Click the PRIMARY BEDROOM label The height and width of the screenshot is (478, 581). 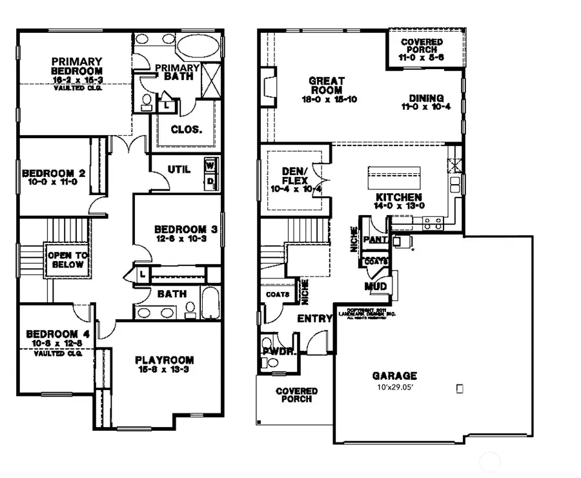point(77,66)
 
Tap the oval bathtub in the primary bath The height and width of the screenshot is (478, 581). point(198,47)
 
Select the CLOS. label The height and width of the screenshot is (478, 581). point(187,129)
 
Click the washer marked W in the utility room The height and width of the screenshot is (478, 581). point(210,165)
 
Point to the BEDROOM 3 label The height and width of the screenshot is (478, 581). point(185,229)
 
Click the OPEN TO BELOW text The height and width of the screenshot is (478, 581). point(66,260)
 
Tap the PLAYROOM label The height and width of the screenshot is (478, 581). point(164,360)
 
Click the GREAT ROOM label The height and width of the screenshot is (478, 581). point(326,85)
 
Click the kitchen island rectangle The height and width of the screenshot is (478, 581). point(394,176)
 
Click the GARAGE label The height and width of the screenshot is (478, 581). point(394,375)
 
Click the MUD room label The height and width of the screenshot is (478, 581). point(376,286)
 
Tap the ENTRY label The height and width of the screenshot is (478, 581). point(314,319)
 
